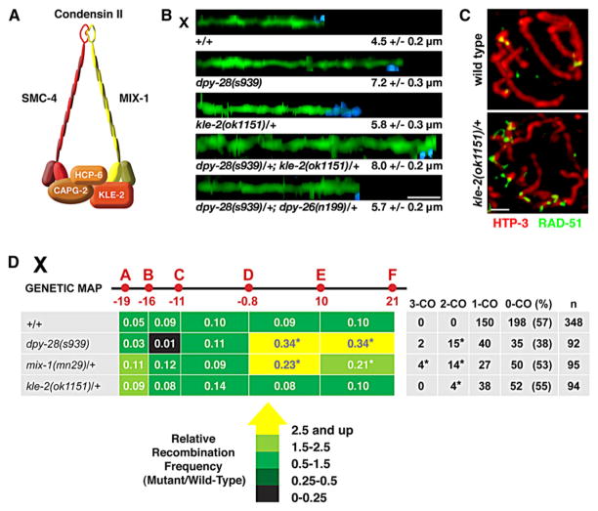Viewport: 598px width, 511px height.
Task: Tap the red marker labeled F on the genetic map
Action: (392, 287)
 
